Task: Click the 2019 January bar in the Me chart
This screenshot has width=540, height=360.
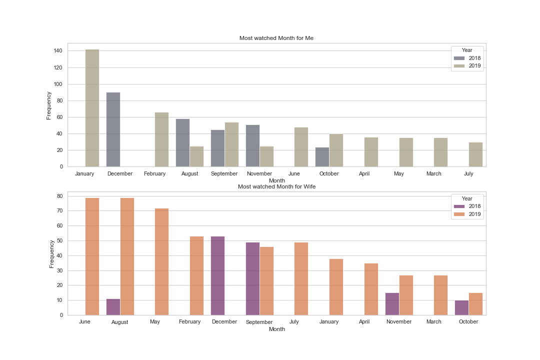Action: pyautogui.click(x=92, y=108)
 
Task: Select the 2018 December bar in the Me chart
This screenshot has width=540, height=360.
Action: pyautogui.click(x=113, y=129)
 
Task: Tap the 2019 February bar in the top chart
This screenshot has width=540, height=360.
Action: pyautogui.click(x=161, y=139)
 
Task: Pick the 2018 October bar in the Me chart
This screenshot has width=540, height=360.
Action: pyautogui.click(x=322, y=157)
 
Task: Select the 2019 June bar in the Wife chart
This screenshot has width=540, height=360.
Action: pyautogui.click(x=92, y=256)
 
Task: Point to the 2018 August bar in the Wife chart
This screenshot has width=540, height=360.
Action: pyautogui.click(x=113, y=307)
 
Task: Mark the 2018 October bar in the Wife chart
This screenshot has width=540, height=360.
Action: pyautogui.click(x=461, y=307)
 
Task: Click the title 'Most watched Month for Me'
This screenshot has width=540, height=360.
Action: pyautogui.click(x=276, y=38)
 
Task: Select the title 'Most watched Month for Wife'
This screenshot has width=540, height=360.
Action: pyautogui.click(x=276, y=186)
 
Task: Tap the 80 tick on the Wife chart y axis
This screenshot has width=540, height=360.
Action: pyautogui.click(x=59, y=196)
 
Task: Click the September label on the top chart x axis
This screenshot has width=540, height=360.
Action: pyautogui.click(x=224, y=174)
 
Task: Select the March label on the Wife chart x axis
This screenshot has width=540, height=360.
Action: pyautogui.click(x=433, y=322)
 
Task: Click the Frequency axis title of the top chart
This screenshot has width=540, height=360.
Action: pyautogui.click(x=49, y=105)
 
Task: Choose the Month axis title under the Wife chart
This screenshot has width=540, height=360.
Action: pyautogui.click(x=276, y=329)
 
